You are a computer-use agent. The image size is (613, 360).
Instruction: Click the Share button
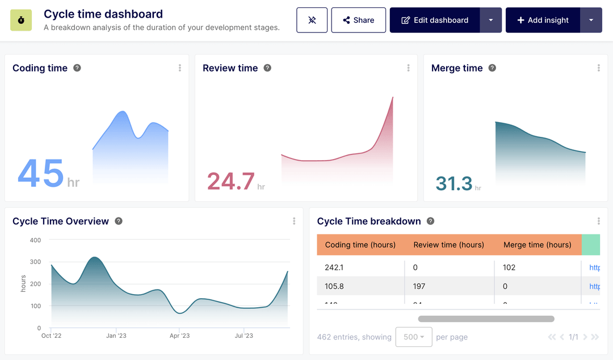tap(358, 20)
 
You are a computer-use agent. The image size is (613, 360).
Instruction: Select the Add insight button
tap(543, 20)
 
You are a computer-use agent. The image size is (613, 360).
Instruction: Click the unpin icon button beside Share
tap(312, 20)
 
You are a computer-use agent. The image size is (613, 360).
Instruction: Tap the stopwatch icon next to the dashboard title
tap(21, 20)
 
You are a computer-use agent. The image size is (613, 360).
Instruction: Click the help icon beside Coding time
tap(77, 68)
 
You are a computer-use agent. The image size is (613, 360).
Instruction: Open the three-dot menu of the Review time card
tap(408, 68)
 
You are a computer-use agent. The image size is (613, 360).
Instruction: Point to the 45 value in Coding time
tap(41, 174)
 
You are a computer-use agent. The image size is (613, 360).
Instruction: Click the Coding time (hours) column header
tap(360, 245)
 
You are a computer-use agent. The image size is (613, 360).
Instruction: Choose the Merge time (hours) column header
tap(537, 245)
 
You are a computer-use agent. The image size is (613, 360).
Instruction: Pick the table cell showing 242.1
tap(334, 267)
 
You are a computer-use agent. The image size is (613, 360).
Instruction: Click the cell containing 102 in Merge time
tap(510, 267)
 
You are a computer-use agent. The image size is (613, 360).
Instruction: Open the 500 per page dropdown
tap(414, 337)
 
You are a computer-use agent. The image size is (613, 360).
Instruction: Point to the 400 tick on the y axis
tap(35, 240)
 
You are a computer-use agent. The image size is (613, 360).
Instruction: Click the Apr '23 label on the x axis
tap(179, 336)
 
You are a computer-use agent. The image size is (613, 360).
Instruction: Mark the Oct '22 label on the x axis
tap(51, 336)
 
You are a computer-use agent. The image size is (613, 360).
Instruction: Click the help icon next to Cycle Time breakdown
tap(431, 221)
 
